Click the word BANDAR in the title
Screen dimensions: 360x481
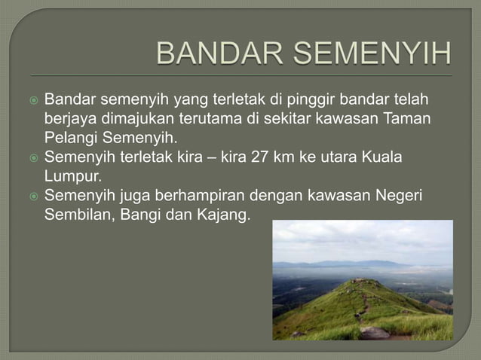tap(217, 55)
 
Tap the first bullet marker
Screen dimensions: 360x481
tap(31, 101)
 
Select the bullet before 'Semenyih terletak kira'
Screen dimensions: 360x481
tap(31, 158)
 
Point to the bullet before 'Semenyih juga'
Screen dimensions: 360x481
tap(31, 197)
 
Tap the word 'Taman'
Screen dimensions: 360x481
tap(406, 120)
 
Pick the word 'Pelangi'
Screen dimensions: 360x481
tap(71, 139)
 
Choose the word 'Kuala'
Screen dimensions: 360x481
tap(383, 158)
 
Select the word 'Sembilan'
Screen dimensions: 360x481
tap(78, 216)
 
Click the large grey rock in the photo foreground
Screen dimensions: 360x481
tap(375, 332)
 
